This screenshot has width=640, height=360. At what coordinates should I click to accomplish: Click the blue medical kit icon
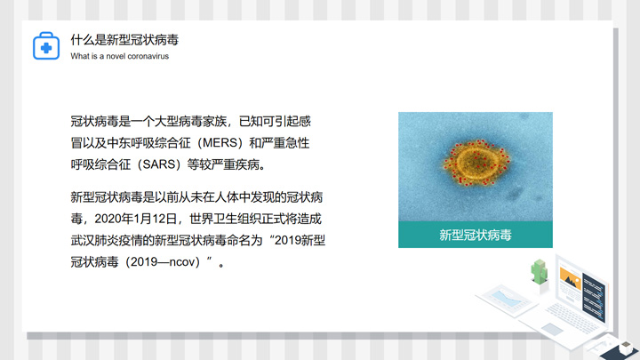click(x=46, y=45)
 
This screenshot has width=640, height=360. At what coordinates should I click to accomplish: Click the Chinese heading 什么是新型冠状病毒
click(x=124, y=40)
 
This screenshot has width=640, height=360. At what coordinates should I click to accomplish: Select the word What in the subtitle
click(x=79, y=56)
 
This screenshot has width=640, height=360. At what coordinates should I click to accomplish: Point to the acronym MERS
click(x=220, y=143)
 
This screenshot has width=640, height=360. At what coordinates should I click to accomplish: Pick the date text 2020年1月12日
click(x=135, y=219)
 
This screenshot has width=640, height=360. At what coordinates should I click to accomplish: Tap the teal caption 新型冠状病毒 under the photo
click(x=475, y=235)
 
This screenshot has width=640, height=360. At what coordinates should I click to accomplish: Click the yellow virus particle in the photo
click(x=476, y=162)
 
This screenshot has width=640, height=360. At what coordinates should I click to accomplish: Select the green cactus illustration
click(x=540, y=271)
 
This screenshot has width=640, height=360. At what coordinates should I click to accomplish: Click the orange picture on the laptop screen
click(x=570, y=278)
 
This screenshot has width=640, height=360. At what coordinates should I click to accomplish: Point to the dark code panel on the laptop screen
click(x=594, y=297)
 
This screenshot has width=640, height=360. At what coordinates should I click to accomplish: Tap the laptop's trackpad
click(x=552, y=329)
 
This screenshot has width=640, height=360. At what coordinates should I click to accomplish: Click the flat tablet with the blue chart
click(x=505, y=300)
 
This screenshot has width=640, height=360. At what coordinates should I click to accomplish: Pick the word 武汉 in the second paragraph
click(x=83, y=240)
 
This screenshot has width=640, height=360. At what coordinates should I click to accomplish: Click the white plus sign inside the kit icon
click(x=46, y=48)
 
